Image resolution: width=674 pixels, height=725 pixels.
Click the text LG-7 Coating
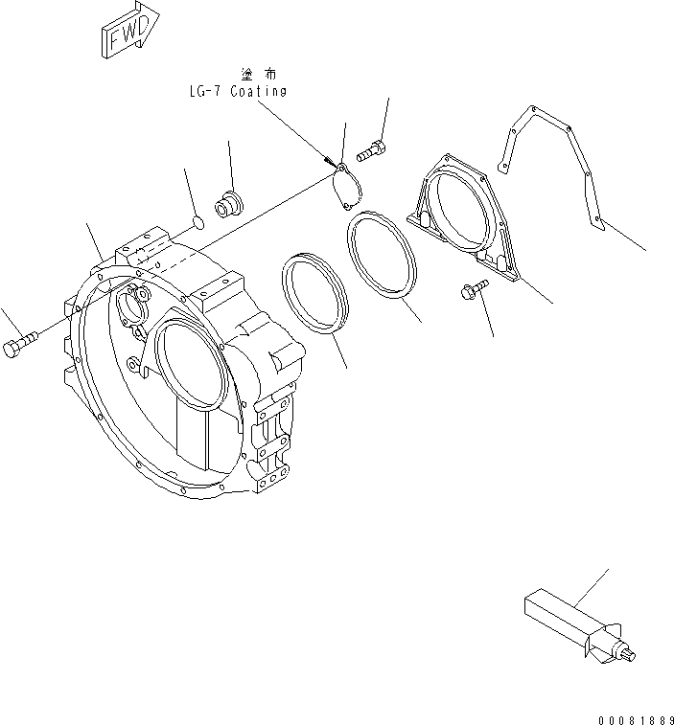point(237,91)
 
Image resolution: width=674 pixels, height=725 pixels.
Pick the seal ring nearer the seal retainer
point(383,256)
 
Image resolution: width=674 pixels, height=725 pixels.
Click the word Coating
point(259,91)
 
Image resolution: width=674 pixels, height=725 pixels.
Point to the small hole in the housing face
point(130,365)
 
